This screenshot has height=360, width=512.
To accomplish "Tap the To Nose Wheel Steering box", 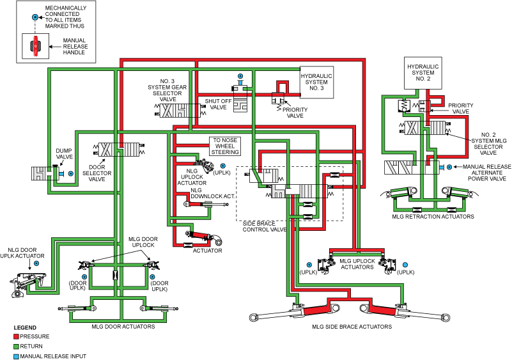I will pyautogui.click(x=226, y=147).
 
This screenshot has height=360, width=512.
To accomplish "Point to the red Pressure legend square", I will pyautogui.click(x=16, y=336).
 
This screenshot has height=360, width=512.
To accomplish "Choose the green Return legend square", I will pyautogui.click(x=16, y=346).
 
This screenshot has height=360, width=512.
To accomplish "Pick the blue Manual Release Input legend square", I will pyautogui.click(x=16, y=356).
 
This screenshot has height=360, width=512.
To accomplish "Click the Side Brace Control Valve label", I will pyautogui.click(x=265, y=226).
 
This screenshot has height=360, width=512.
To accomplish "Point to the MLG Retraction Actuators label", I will pyautogui.click(x=433, y=217).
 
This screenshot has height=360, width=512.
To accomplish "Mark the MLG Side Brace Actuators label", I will pyautogui.click(x=352, y=327).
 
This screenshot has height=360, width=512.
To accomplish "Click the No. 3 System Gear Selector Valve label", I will pyautogui.click(x=167, y=89).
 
